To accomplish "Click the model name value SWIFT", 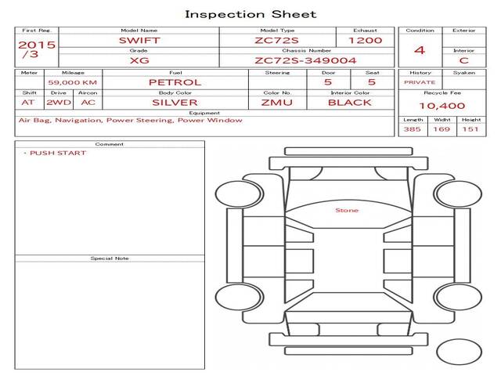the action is tap(139, 41).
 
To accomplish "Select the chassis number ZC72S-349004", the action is tap(305, 60).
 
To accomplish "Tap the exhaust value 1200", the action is tap(366, 41).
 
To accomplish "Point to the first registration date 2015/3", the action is tap(37, 49).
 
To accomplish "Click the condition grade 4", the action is tap(420, 50).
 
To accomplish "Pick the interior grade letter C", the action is tap(464, 60).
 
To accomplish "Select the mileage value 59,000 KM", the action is tap(73, 82).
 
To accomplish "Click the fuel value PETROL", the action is tap(175, 82).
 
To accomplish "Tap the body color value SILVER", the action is tap(175, 103).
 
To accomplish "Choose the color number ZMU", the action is tap(276, 103).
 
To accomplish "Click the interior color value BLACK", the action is tap(350, 103).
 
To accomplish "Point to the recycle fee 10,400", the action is tap(442, 106).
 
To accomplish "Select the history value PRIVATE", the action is tap(420, 82).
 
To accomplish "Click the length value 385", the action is tap(413, 129).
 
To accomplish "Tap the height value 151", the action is tap(470, 129).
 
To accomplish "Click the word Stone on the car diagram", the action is tap(347, 211).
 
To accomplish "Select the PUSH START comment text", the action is tap(58, 154).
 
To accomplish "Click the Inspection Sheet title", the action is tap(250, 14).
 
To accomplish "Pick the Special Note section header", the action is tap(110, 258).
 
